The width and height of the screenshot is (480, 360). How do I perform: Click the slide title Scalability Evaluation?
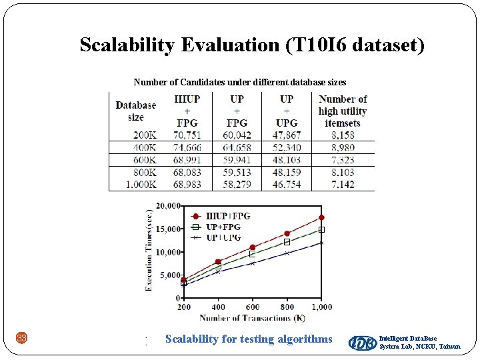[x=251, y=45]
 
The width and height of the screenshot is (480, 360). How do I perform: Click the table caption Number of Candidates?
[x=239, y=82]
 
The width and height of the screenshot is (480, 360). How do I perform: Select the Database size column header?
[x=135, y=111]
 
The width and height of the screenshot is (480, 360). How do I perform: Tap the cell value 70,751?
[x=187, y=135]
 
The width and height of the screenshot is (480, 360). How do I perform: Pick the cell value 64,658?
[x=237, y=147]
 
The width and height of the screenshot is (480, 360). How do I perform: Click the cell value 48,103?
[x=286, y=160]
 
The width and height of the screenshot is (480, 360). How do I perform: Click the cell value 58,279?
[x=237, y=185]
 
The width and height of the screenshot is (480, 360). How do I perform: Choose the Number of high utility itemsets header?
[x=343, y=111]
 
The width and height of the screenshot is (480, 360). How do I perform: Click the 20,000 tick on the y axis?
[x=168, y=205]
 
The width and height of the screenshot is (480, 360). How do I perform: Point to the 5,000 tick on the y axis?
[x=170, y=275]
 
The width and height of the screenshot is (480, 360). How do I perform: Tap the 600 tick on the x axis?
[x=253, y=307]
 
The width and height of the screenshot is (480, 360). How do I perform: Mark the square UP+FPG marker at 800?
[x=287, y=242]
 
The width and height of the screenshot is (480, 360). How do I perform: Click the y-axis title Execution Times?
[x=149, y=250]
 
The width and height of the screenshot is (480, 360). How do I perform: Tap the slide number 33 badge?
[x=22, y=339]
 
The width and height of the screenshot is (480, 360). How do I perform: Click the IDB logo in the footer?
[x=362, y=342]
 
